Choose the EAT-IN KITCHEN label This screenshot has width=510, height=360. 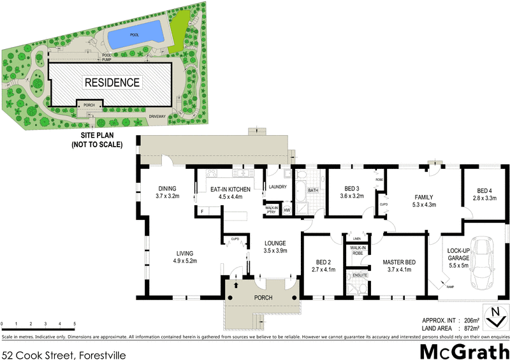[232, 189]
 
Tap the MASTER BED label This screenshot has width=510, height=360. [400, 262]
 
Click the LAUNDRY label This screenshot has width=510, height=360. [279, 187]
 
